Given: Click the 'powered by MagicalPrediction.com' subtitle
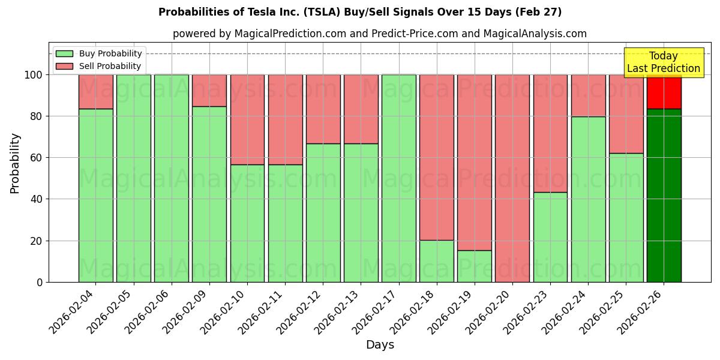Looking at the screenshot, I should [379, 34].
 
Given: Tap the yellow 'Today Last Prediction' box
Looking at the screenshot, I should [663, 63].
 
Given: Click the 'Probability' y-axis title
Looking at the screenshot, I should [15, 163].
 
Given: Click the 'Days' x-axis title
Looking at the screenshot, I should [380, 345].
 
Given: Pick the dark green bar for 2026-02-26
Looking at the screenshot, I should [664, 195].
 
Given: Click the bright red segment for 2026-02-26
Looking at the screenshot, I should [664, 91].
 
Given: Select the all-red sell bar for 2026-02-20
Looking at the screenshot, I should [512, 178].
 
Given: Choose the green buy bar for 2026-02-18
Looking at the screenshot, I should [436, 261].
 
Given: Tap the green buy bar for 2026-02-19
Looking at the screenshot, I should [474, 266].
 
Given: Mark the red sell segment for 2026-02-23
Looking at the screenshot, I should [550, 133].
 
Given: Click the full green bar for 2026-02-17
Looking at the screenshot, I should [398, 178].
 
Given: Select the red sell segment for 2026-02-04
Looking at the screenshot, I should [95, 91].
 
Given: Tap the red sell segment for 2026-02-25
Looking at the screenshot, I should [626, 114].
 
